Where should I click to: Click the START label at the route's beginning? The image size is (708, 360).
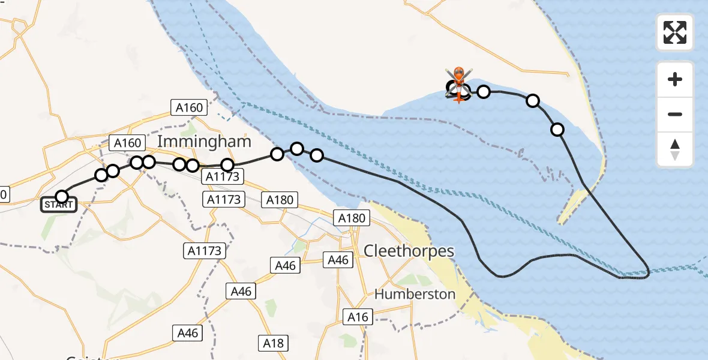[58, 205]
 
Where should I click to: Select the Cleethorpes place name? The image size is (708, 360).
[409, 251]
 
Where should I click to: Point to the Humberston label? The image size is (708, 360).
[415, 295]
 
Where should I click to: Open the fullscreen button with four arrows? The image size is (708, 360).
[675, 32]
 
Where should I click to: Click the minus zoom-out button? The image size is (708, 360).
[675, 114]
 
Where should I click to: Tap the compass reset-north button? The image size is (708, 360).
[675, 149]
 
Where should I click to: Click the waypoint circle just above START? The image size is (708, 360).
[62, 196]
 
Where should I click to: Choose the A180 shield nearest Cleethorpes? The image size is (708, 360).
[352, 218]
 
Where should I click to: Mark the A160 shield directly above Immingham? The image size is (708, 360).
[189, 107]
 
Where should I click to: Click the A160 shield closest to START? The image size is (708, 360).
[127, 143]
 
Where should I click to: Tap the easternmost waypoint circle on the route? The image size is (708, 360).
[557, 130]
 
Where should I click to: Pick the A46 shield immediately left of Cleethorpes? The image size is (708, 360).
[338, 260]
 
